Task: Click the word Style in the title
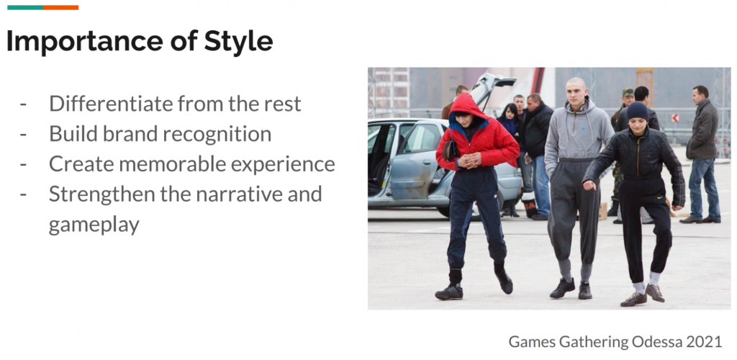(238, 41)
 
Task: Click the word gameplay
(94, 225)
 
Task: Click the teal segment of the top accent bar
(25, 7)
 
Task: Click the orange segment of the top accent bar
(60, 7)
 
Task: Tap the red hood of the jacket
(466, 107)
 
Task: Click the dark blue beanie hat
(638, 111)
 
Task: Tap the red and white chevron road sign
(675, 118)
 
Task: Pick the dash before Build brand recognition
(23, 135)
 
